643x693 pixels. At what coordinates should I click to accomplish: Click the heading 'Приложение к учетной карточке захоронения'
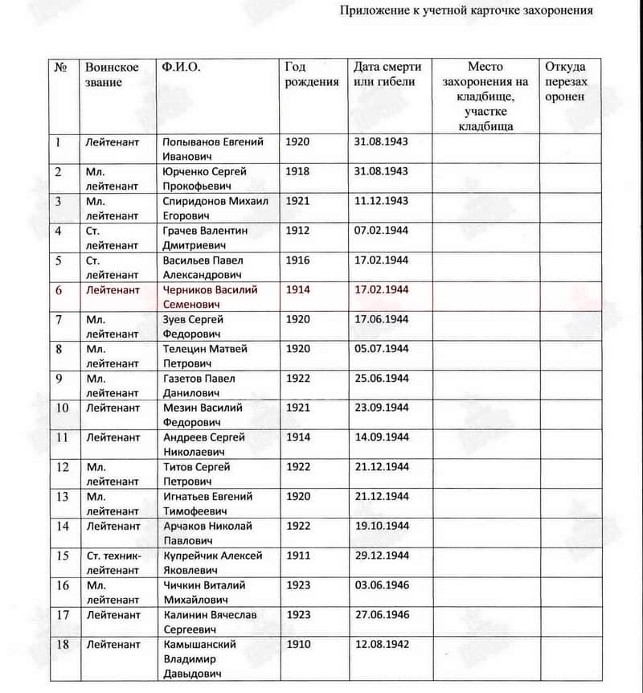(466, 11)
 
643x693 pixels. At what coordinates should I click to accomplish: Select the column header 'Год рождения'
(312, 74)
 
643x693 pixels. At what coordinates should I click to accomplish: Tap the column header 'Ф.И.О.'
(181, 67)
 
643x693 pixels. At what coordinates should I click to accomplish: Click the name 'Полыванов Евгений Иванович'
(213, 149)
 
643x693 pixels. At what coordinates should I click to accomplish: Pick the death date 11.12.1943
(381, 201)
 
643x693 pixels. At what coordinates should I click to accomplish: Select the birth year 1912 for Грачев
(297, 231)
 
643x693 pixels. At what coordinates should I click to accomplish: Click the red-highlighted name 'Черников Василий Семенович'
(210, 297)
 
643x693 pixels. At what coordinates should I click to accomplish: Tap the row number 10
(62, 408)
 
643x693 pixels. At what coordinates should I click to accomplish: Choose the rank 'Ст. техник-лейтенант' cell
(113, 563)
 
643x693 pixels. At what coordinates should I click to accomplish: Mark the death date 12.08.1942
(381, 645)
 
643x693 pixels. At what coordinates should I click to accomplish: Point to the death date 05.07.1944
(381, 349)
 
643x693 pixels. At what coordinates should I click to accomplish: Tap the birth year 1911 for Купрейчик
(297, 556)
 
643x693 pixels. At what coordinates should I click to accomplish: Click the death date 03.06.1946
(381, 585)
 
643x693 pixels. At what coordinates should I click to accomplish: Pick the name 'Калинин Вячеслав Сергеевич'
(210, 621)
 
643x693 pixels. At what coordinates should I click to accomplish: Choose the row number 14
(62, 527)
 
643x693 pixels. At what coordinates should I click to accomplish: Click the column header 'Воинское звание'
(112, 74)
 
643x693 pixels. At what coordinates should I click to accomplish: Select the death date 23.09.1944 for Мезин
(381, 408)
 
